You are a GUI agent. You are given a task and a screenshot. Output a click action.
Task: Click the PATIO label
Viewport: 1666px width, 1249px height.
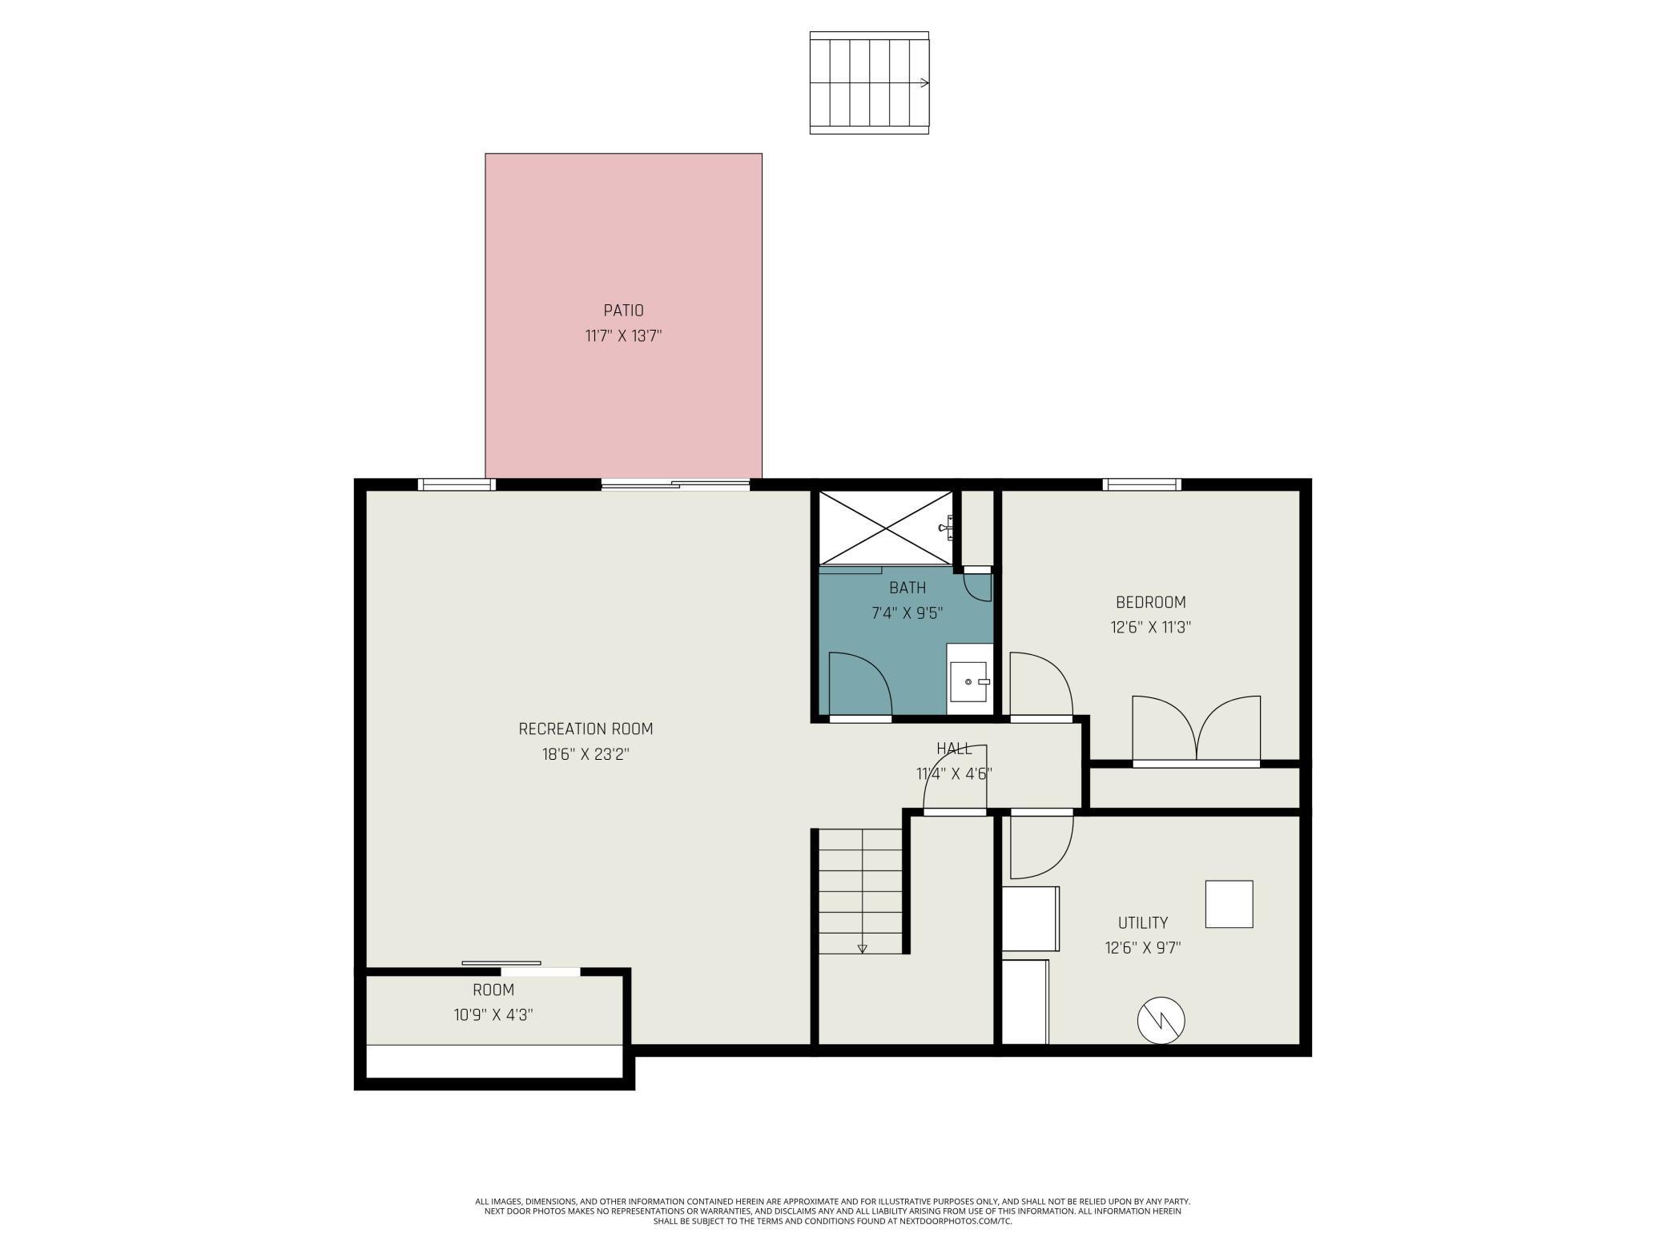click(623, 311)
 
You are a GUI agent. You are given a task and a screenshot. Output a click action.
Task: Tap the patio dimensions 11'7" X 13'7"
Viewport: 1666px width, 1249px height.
click(623, 335)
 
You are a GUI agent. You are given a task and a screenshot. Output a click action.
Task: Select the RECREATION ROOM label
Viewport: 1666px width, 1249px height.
click(586, 729)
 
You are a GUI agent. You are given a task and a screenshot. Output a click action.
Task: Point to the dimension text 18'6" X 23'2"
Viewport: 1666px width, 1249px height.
click(586, 754)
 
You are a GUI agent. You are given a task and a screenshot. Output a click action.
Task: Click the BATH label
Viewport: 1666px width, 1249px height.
click(907, 588)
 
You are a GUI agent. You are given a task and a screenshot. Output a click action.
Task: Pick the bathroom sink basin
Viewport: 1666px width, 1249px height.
click(969, 681)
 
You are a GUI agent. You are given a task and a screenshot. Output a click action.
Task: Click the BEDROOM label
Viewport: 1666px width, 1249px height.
click(1151, 603)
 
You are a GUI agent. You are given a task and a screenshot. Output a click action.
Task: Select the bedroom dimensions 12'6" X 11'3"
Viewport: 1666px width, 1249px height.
click(1151, 628)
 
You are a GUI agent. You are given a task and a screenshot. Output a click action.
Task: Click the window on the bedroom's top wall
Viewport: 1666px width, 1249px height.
click(1141, 484)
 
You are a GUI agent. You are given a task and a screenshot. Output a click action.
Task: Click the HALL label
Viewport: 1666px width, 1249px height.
click(954, 749)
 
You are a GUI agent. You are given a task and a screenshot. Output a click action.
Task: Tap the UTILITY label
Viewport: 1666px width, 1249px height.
click(1143, 923)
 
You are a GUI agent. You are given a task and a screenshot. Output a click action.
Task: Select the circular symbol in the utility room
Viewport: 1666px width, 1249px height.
click(1161, 1021)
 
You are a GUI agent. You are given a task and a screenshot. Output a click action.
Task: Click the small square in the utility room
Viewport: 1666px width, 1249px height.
click(1229, 905)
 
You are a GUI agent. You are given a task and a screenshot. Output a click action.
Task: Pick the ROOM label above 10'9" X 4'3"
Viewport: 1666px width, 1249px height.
click(493, 990)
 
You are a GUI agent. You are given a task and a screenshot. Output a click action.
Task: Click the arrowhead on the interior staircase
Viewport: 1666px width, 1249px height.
click(862, 949)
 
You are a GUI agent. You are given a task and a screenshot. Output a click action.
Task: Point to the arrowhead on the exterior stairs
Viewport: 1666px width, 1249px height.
click(925, 82)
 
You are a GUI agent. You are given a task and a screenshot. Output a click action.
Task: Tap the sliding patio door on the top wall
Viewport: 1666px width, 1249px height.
click(675, 484)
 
